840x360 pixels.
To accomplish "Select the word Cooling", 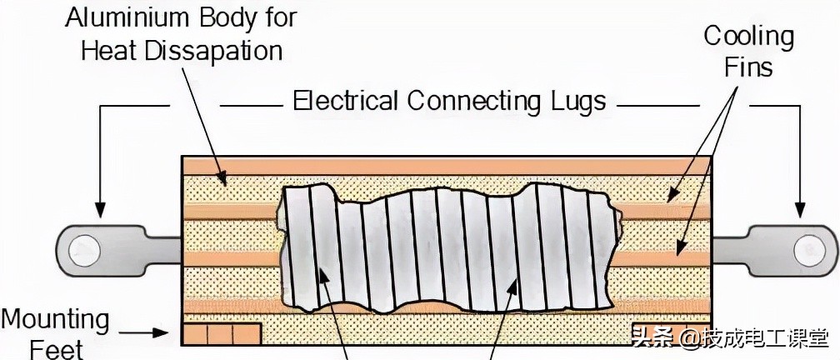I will click(x=748, y=36).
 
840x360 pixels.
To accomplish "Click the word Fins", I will click(x=748, y=67).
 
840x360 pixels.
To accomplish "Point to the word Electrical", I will click(x=346, y=102).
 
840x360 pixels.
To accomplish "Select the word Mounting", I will click(x=54, y=319).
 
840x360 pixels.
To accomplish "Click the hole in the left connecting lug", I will click(x=83, y=247).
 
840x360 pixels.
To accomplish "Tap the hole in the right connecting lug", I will click(x=807, y=247).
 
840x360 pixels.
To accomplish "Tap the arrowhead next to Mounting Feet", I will click(x=167, y=333).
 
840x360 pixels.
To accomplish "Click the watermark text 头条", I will click(x=648, y=339).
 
